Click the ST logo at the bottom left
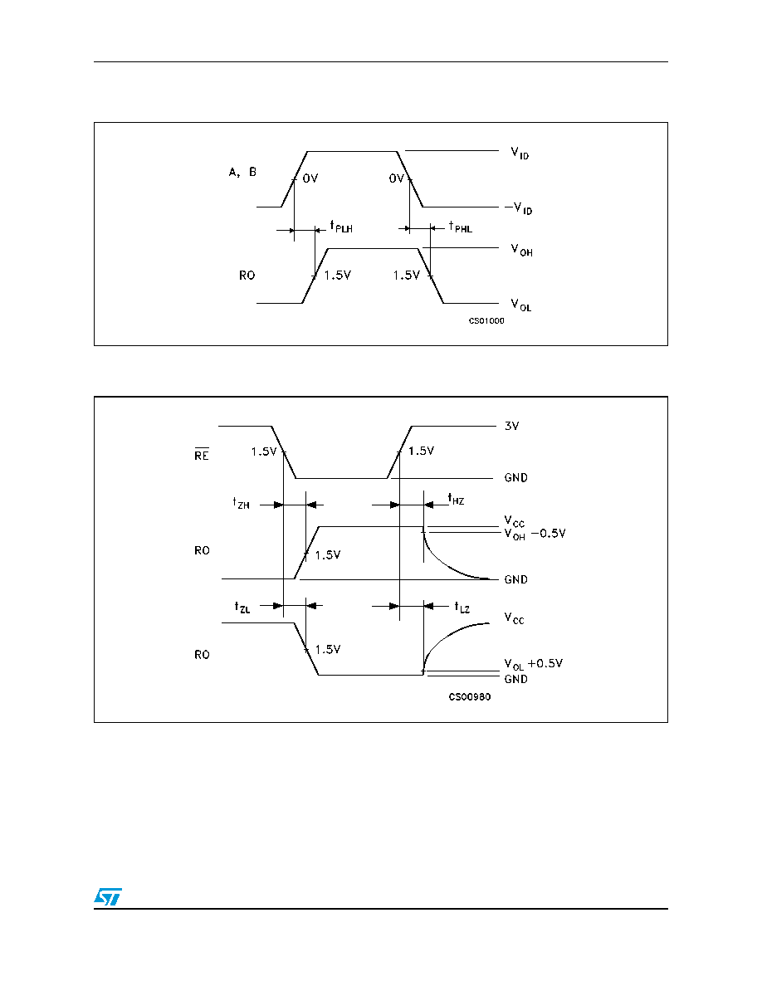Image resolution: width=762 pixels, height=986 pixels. [x=108, y=896]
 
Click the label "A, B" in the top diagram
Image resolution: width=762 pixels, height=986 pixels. [x=242, y=173]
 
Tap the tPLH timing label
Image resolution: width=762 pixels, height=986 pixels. [x=341, y=227]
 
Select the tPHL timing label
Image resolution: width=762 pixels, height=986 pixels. [x=460, y=227]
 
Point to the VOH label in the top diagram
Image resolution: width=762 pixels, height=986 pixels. [x=522, y=251]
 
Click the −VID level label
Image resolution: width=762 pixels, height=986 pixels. [x=519, y=208]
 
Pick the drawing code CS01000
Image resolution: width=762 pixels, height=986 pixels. [x=486, y=320]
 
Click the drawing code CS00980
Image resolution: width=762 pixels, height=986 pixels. [x=470, y=696]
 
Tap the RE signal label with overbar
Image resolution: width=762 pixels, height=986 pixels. [x=202, y=454]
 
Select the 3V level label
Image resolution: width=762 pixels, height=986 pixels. [x=512, y=427]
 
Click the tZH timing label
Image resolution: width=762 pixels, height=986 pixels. [x=242, y=503]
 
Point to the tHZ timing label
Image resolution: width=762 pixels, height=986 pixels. [x=457, y=500]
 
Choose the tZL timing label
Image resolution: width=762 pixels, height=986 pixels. [x=242, y=607]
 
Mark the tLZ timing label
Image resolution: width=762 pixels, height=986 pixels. [x=462, y=608]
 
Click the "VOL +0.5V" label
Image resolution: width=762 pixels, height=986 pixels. [x=534, y=665]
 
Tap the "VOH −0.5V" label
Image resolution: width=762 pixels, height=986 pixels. [x=535, y=534]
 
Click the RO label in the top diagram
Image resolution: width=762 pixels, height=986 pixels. [x=247, y=276]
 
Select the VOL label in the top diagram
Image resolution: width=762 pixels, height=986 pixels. [x=521, y=305]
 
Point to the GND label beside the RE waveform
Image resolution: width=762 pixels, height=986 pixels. [x=516, y=478]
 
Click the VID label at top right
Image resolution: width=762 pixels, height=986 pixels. [x=520, y=153]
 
